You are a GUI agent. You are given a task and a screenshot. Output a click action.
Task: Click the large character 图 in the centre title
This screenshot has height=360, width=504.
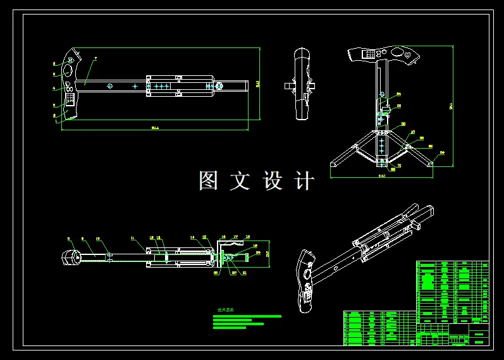pos(209,181)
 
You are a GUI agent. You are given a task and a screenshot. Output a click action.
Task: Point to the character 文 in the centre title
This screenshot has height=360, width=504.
pos(240,181)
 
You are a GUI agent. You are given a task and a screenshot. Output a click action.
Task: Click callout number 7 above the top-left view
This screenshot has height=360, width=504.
pos(95,58)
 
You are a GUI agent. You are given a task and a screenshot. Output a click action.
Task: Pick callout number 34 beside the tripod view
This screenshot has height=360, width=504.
pos(399,94)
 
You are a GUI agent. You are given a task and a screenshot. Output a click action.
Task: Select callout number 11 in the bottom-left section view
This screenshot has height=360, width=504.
pos(132,239)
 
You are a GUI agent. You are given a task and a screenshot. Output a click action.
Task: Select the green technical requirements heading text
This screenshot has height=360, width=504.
pos(225,311)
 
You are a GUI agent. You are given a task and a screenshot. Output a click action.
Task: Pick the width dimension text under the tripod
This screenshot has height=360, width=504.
pos(381,176)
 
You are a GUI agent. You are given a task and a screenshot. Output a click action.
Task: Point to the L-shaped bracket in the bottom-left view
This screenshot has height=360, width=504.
pos(221,251)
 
